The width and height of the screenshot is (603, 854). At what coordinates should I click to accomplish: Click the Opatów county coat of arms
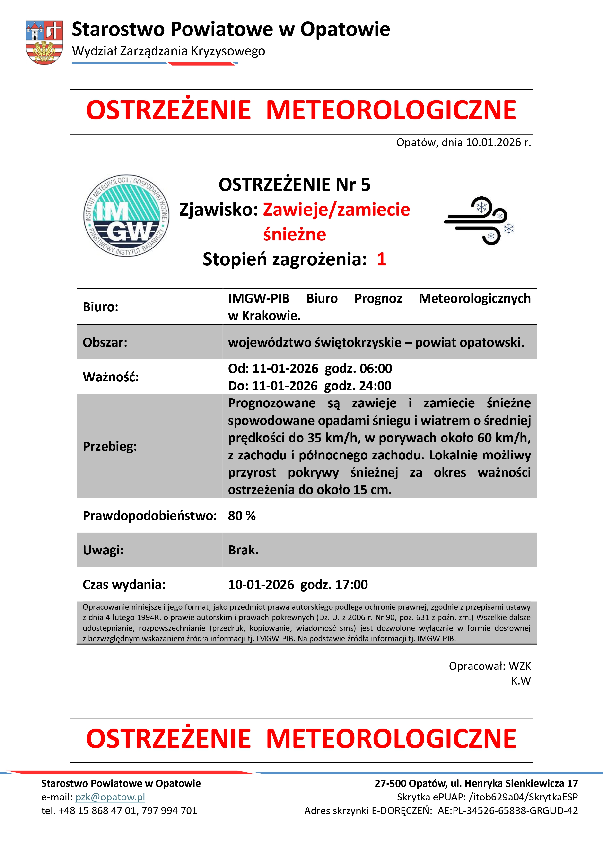pyautogui.click(x=44, y=42)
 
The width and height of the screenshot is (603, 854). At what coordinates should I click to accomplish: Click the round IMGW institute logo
pyautogui.click(x=126, y=216)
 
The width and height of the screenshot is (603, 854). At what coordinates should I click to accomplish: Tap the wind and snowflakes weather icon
pyautogui.click(x=479, y=220)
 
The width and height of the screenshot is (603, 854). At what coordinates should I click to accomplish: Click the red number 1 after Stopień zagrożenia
pyautogui.click(x=381, y=259)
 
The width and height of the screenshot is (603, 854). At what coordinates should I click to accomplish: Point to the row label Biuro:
pyautogui.click(x=100, y=307)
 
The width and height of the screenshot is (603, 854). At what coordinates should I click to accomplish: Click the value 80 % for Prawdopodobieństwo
pyautogui.click(x=242, y=516)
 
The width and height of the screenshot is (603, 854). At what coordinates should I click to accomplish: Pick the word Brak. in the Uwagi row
pyautogui.click(x=243, y=550)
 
